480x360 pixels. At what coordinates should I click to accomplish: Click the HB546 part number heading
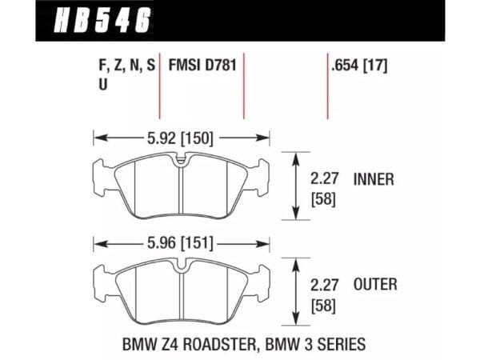102,20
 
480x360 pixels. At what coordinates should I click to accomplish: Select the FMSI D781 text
202,66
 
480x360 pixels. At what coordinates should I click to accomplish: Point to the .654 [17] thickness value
359,66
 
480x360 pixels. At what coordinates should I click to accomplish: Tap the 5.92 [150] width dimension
180,138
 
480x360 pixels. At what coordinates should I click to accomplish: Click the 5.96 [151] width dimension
180,244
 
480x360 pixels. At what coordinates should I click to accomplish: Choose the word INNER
374,179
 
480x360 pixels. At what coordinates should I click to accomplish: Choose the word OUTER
375,284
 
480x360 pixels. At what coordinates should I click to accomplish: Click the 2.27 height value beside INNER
325,178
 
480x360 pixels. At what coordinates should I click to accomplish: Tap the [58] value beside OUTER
323,306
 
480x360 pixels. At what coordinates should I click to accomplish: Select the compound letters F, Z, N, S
127,66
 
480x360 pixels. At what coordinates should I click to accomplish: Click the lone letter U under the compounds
103,85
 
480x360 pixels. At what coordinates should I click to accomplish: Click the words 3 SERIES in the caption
336,344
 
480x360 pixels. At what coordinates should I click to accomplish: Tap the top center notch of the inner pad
182,161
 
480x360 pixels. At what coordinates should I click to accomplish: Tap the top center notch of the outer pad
182,266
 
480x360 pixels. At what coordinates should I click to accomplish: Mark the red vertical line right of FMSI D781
244,86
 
